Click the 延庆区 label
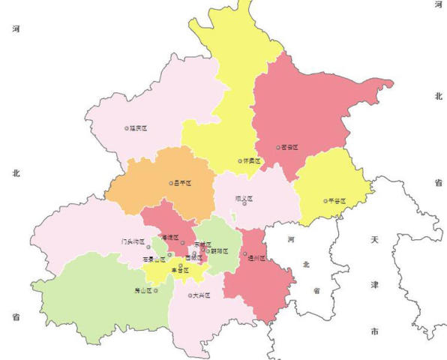coord(139,128)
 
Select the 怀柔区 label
coord(252,160)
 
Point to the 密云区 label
coord(289,148)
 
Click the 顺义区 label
coord(244,199)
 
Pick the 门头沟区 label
coord(133,242)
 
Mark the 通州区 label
coord(257,257)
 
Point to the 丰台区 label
coord(179,270)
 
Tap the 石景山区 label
coord(154,259)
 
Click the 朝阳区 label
coord(220,251)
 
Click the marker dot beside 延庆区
coord(127,128)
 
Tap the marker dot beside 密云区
coord(278,148)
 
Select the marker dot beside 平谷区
coord(325,201)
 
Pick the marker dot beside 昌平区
coord(172,183)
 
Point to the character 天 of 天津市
coord(374,240)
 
